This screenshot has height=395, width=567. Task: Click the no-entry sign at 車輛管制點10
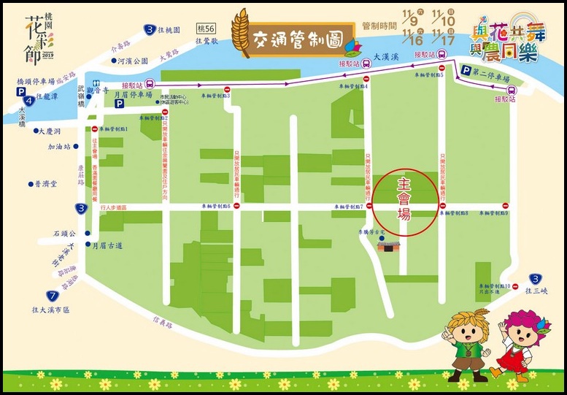coord(515,286)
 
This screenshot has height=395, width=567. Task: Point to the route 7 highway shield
coord(52,296)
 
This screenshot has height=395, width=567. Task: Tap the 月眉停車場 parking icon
coord(118,104)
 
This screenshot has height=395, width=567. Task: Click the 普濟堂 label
coord(45,185)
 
